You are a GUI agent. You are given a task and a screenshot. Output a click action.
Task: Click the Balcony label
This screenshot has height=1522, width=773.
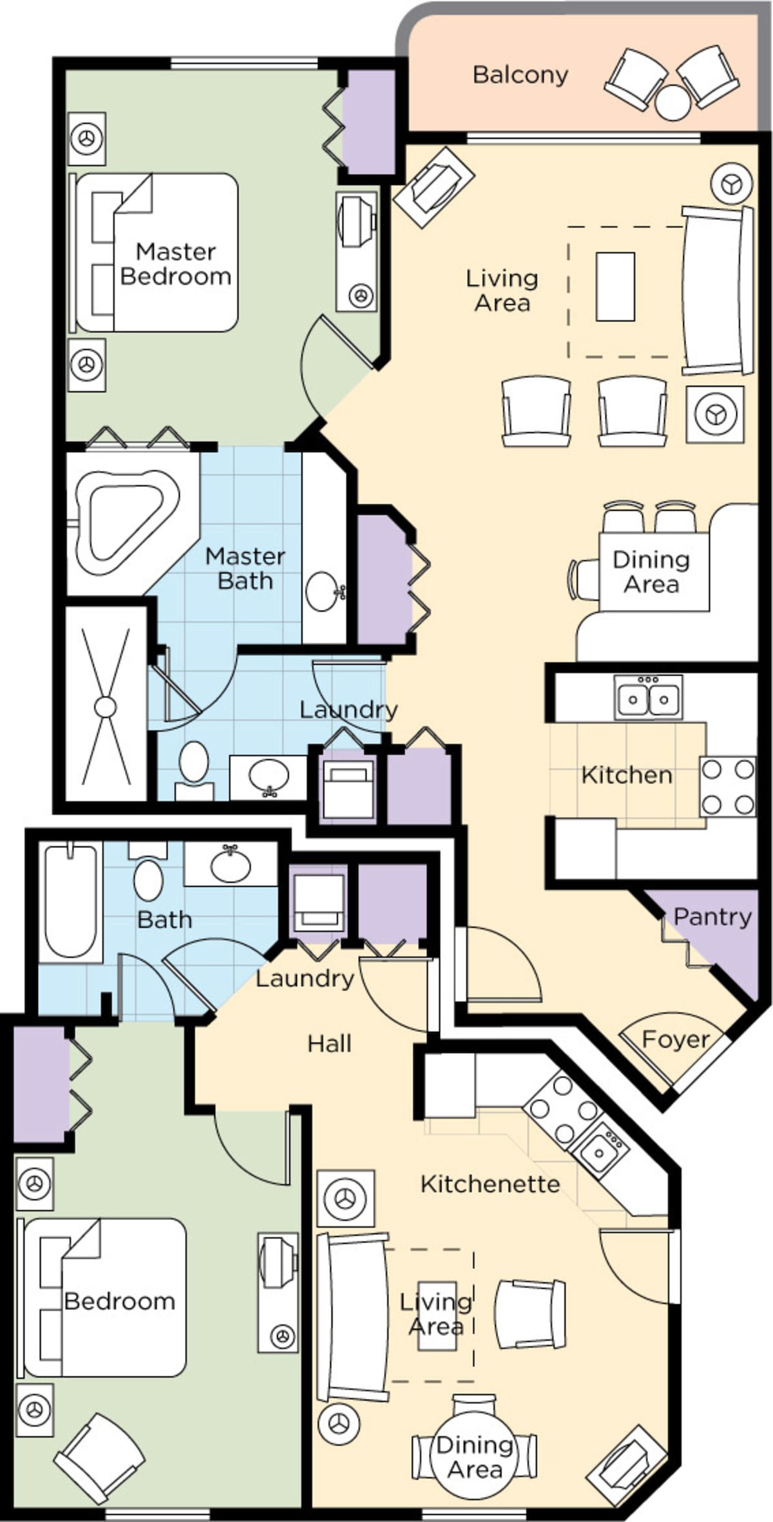tap(520, 75)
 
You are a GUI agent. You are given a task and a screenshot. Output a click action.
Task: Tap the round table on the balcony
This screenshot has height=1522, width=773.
tap(673, 102)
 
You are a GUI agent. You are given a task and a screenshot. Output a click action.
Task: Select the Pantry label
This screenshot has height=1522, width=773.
tap(712, 917)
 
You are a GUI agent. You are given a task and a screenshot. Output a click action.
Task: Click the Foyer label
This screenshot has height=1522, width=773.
tap(676, 1039)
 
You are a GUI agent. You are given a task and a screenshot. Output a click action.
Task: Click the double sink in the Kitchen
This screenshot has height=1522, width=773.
tap(648, 698)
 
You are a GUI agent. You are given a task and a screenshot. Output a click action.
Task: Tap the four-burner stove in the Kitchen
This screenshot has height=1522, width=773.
tap(728, 786)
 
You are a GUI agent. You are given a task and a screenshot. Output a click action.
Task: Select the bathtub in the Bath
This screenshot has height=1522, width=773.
tap(70, 901)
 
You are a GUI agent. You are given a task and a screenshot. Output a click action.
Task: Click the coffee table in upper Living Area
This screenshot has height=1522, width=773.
tap(615, 287)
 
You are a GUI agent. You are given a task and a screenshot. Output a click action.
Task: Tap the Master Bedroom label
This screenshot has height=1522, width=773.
tap(175, 264)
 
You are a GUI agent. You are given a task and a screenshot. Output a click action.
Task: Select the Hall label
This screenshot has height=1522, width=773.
tap(329, 1043)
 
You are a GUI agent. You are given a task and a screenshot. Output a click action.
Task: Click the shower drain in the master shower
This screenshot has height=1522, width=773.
tap(105, 707)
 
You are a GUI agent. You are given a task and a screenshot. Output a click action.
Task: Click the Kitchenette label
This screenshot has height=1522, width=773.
tap(490, 1184)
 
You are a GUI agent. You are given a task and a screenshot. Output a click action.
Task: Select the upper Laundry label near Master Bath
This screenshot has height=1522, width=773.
tap(348, 710)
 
